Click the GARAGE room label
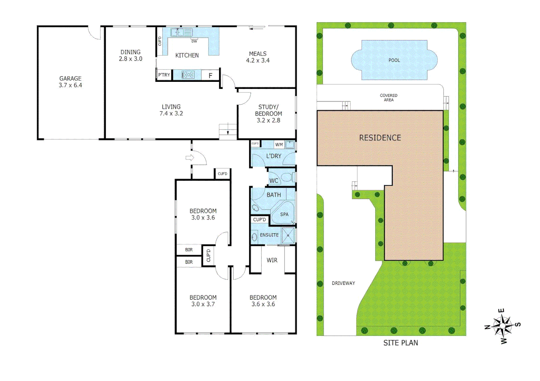click(70, 79)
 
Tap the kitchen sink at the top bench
click(181, 32)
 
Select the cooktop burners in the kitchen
click(188, 75)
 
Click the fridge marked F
click(211, 75)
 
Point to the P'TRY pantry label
click(164, 75)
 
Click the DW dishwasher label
click(194, 41)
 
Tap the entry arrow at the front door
click(190, 158)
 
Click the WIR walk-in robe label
click(272, 260)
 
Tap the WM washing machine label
click(279, 145)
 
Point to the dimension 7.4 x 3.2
click(171, 114)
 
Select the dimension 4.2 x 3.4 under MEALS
click(258, 61)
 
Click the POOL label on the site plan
click(394, 60)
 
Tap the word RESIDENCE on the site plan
click(380, 138)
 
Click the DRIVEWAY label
click(343, 283)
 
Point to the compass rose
click(502, 326)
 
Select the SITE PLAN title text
click(400, 343)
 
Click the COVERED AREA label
click(388, 98)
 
